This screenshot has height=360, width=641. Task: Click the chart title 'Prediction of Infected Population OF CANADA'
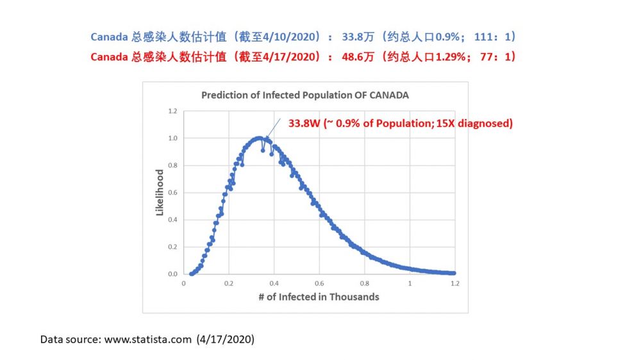pos(305,95)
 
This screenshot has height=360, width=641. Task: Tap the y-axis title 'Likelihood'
pos(160,192)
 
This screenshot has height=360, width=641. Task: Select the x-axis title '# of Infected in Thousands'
pos(319,297)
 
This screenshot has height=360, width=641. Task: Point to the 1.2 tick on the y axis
pos(172,111)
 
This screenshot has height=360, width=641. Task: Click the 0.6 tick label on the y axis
pos(172,192)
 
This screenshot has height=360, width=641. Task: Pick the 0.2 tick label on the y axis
pos(172,247)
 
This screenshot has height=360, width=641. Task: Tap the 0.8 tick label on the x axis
pos(365,284)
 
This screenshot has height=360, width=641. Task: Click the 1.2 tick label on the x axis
pos(455,284)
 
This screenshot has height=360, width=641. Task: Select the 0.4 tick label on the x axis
pos(274,284)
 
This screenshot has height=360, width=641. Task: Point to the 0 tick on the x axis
pos(184,284)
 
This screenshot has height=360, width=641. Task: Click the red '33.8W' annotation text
pos(304,124)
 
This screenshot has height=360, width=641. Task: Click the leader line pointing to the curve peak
pos(273,128)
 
